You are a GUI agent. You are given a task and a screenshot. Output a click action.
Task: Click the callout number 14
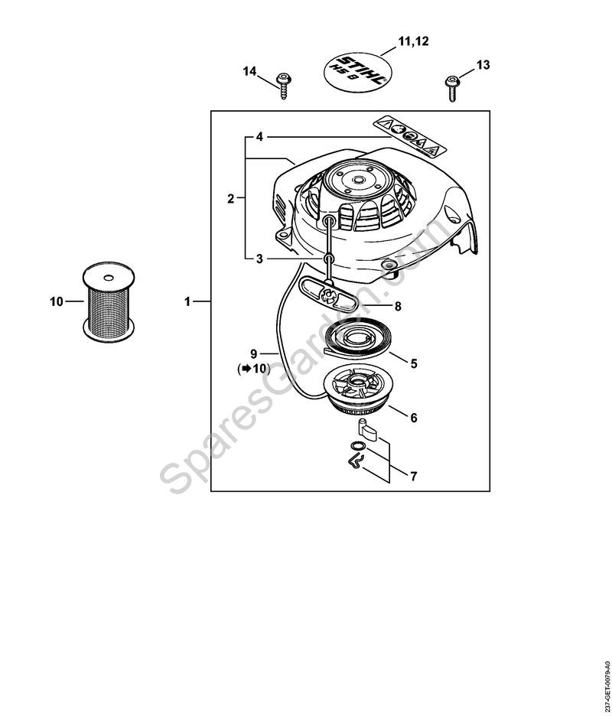point(249,72)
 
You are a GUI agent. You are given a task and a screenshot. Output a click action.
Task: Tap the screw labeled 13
point(451,88)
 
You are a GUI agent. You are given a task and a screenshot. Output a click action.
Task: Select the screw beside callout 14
point(284,86)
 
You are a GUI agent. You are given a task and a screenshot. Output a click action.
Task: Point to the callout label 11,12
point(413,41)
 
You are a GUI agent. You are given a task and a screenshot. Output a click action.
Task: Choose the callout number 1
point(187,302)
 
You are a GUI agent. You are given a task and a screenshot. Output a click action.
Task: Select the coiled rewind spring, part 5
point(356,340)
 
